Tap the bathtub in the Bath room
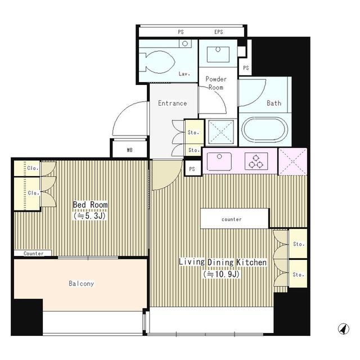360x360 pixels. (x=264, y=130)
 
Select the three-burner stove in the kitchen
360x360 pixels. (x=256, y=161)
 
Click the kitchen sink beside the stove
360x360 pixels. (x=219, y=161)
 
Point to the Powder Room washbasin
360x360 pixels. (x=218, y=55)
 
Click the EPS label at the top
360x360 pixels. (x=219, y=32)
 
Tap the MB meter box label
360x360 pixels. (x=130, y=150)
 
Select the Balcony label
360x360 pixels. (x=81, y=283)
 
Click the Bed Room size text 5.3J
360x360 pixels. (x=89, y=216)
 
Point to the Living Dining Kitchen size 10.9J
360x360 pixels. (x=221, y=274)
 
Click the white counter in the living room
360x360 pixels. (x=235, y=219)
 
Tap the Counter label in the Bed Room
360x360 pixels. (x=34, y=254)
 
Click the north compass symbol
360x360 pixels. (x=344, y=328)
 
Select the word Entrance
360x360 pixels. (x=173, y=103)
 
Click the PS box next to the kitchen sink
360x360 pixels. (x=192, y=169)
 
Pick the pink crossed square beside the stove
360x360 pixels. (x=292, y=161)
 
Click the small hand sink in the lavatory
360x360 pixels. (x=185, y=43)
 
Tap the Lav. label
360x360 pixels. (x=184, y=74)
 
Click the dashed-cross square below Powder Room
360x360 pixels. (x=221, y=132)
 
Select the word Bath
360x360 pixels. (x=274, y=103)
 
